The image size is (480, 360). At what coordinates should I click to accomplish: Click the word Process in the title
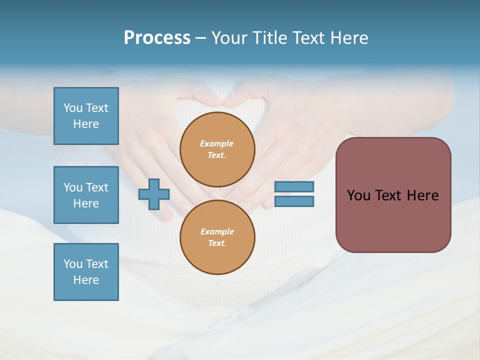[x=157, y=38]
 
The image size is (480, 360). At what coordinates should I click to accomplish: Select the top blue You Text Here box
[x=86, y=116]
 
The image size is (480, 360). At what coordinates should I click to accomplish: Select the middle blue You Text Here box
[x=86, y=195]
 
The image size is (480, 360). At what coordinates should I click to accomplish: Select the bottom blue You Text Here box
[x=86, y=272]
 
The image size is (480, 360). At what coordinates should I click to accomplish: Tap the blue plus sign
[x=154, y=194]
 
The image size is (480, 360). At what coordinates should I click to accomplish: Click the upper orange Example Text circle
[x=217, y=149]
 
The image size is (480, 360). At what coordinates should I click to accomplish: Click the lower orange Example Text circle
[x=217, y=237]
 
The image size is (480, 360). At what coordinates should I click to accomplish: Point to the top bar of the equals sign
[x=294, y=187]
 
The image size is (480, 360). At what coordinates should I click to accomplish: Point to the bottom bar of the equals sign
[x=294, y=201]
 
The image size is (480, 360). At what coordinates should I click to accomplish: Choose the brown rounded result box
[x=393, y=195]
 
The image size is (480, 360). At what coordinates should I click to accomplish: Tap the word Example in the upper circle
[x=216, y=143]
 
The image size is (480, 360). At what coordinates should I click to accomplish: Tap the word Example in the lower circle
[x=217, y=231]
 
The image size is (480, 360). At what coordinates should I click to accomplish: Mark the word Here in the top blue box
[x=86, y=124]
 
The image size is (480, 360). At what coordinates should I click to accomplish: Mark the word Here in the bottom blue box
[x=86, y=280]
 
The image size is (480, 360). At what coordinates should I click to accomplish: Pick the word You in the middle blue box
[x=72, y=187]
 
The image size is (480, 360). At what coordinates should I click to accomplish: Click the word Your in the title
[x=230, y=38]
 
